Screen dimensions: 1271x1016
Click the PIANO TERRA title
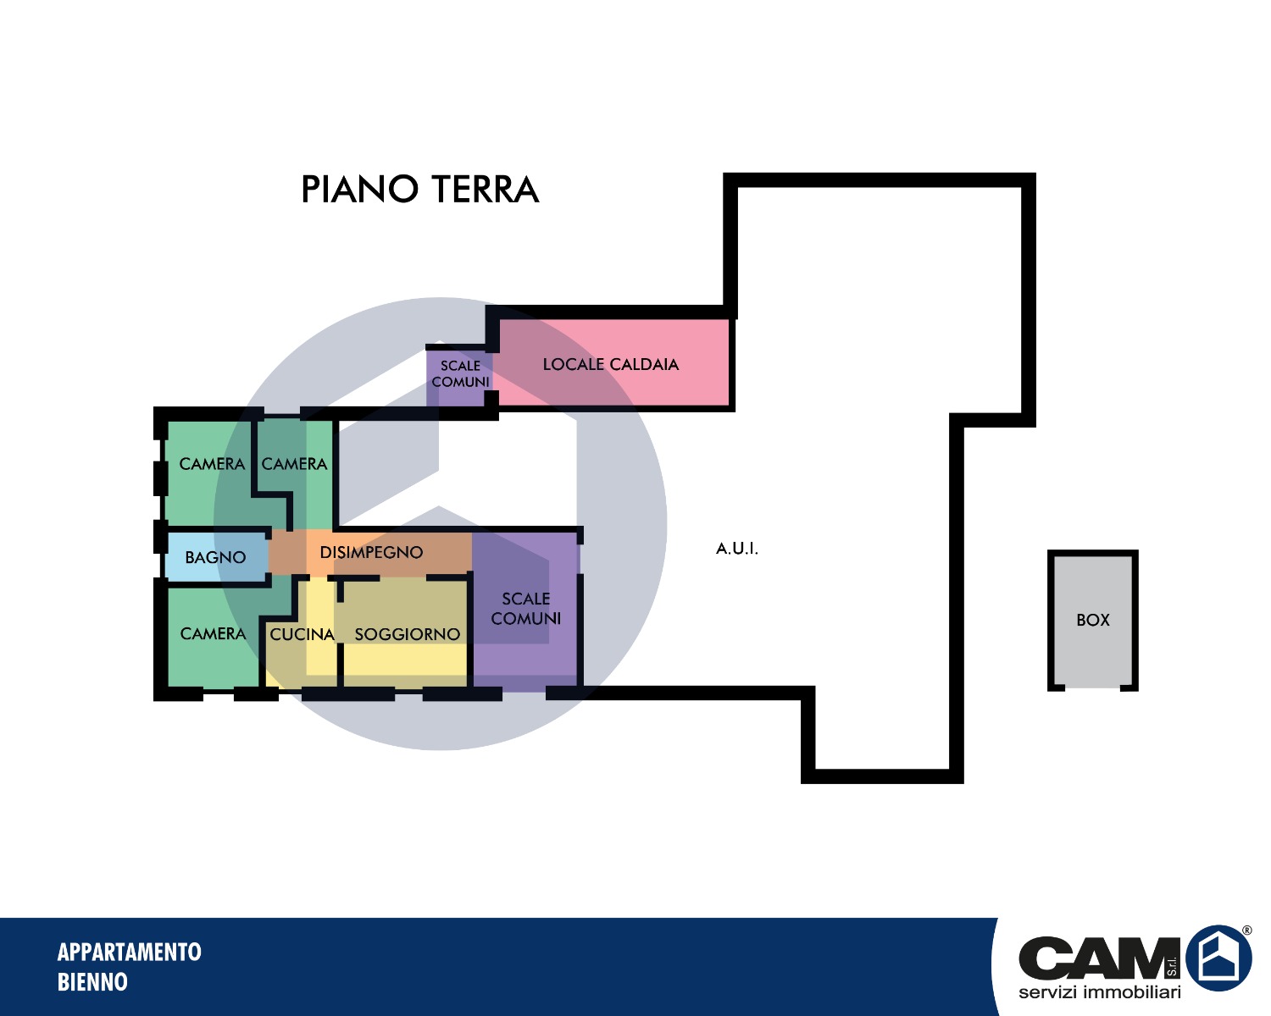420,189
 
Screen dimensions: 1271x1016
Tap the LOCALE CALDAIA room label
611,364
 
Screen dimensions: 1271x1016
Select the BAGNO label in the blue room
215,557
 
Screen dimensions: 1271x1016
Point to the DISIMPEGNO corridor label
371,552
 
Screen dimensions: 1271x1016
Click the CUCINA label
302,634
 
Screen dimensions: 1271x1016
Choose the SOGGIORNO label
407,634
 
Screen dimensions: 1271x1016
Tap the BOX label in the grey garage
1092,620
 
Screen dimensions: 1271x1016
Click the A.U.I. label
736,549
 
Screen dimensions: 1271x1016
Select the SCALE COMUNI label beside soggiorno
525,609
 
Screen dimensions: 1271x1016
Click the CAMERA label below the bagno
213,633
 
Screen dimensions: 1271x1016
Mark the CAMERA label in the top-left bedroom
212,464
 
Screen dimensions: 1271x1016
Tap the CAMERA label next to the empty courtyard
294,464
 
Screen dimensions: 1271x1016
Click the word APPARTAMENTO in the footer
130,952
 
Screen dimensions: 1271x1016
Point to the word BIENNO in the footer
92,982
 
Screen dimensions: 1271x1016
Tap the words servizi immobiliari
1100,992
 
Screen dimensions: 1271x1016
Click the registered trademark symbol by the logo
1246,930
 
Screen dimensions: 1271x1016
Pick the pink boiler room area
614,363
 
